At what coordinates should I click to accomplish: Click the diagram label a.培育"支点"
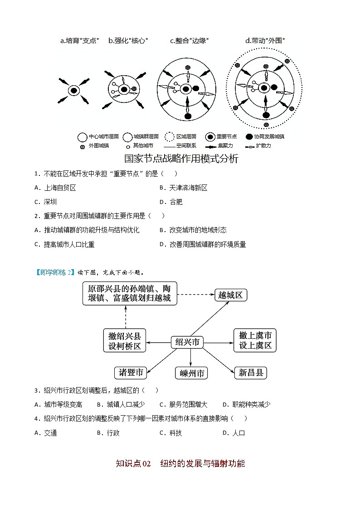point(79,41)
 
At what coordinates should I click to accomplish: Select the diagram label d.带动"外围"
point(265,41)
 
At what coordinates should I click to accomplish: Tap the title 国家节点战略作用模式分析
point(181,159)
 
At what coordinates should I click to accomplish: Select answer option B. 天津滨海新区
point(183,188)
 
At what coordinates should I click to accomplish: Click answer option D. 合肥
point(171,202)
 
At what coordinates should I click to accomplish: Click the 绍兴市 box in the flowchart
point(187,342)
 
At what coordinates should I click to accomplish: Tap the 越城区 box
point(230,295)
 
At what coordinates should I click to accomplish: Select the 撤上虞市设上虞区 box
point(255,340)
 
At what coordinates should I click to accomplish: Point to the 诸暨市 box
point(131,373)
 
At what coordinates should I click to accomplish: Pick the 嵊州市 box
point(191,373)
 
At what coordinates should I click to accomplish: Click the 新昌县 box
point(251,373)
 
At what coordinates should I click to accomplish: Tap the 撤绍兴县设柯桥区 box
point(124,341)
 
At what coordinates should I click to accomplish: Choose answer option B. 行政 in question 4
point(108,433)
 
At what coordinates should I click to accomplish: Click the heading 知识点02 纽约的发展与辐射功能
point(180,463)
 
